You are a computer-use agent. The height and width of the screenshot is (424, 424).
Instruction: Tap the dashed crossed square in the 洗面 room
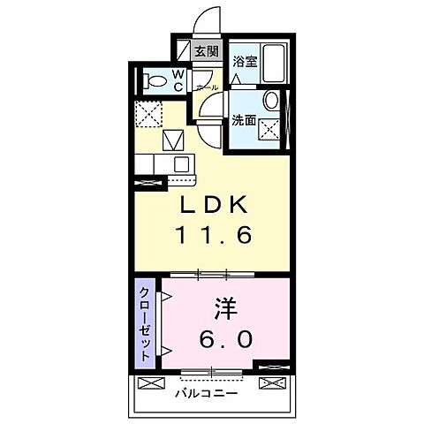click(x=275, y=127)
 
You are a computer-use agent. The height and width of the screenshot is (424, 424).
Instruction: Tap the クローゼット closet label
click(x=142, y=322)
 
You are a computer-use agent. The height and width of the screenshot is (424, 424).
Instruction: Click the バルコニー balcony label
click(x=206, y=393)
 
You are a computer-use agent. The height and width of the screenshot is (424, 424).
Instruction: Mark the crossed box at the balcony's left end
click(x=149, y=384)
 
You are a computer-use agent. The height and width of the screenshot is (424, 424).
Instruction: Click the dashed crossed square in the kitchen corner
click(x=147, y=114)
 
